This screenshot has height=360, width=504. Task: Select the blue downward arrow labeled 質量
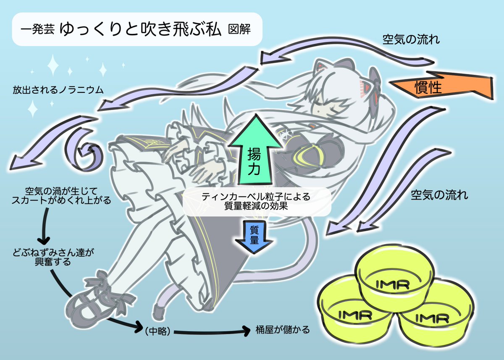(x=254, y=236)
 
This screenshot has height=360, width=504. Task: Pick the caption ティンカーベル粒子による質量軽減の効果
(x=255, y=201)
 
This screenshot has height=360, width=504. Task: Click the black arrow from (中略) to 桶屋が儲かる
(x=210, y=332)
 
